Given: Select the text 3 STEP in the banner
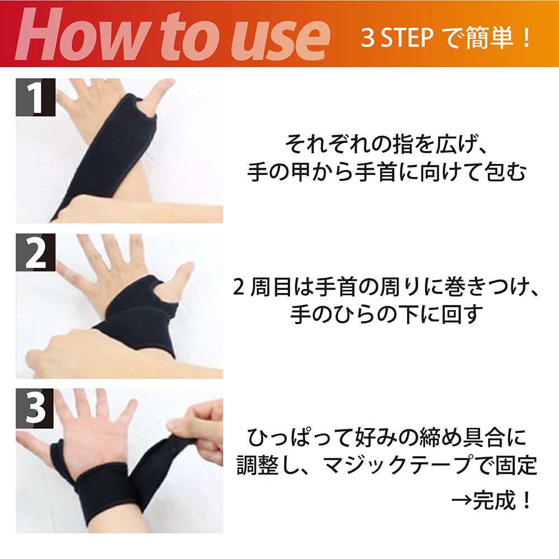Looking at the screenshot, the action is click(397, 37).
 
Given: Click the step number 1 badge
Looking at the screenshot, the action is click(36, 97).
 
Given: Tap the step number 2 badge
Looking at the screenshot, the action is click(36, 253).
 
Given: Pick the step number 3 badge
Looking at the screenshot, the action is click(35, 408).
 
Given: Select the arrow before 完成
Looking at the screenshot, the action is click(462, 501).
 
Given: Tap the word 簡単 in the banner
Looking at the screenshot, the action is click(486, 37).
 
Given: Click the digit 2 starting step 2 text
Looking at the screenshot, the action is click(239, 287).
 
